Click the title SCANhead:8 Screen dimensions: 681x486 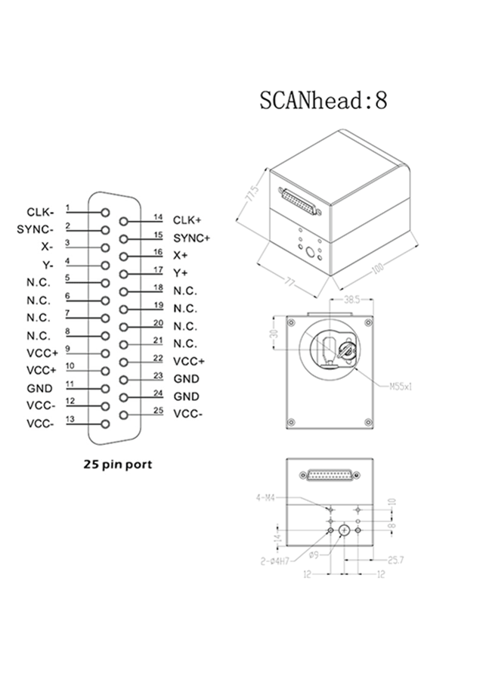pos(323,101)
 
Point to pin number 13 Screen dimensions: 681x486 pos(70,419)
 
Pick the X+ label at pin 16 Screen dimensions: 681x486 pos(181,255)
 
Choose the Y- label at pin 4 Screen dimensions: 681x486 pos(47,265)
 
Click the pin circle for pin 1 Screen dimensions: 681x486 pos(106,213)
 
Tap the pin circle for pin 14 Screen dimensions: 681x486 pos(124,222)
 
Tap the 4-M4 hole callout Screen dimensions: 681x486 pos(266,498)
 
